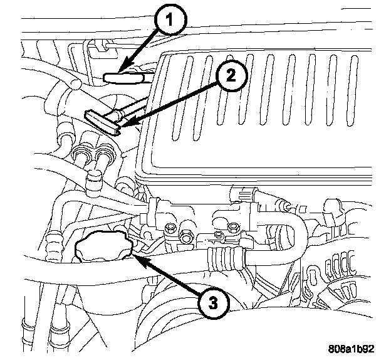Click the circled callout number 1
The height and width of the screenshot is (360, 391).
(x=170, y=20)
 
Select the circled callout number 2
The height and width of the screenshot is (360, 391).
(x=231, y=75)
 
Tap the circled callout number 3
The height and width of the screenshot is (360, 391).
(x=213, y=304)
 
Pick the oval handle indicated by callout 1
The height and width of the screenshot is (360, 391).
(x=123, y=78)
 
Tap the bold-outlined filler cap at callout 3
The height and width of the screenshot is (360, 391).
(x=104, y=246)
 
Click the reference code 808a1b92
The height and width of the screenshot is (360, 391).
(x=351, y=349)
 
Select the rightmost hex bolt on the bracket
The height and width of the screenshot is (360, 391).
(x=233, y=228)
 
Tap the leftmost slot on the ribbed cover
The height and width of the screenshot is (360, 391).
(x=181, y=98)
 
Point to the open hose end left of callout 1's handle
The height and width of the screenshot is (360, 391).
(x=75, y=83)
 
